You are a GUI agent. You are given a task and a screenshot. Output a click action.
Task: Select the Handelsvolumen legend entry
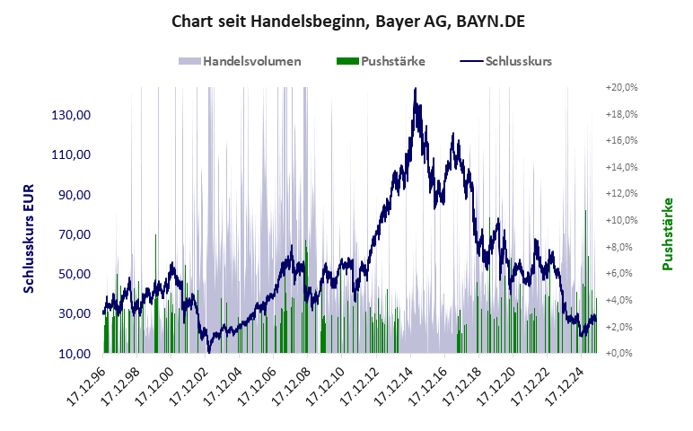(x=241, y=61)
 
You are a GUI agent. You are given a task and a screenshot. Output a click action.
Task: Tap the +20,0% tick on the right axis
(x=621, y=87)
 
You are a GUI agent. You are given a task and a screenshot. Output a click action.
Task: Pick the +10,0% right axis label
(x=621, y=220)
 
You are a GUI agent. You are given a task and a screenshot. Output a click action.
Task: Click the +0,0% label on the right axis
(x=621, y=353)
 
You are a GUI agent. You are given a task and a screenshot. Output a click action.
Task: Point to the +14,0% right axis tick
(x=621, y=167)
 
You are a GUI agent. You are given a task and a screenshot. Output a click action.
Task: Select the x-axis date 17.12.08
(x=291, y=384)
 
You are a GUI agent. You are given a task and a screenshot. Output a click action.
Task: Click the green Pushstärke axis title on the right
(x=668, y=234)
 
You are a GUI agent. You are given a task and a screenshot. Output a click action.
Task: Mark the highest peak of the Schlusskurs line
(x=415, y=89)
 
